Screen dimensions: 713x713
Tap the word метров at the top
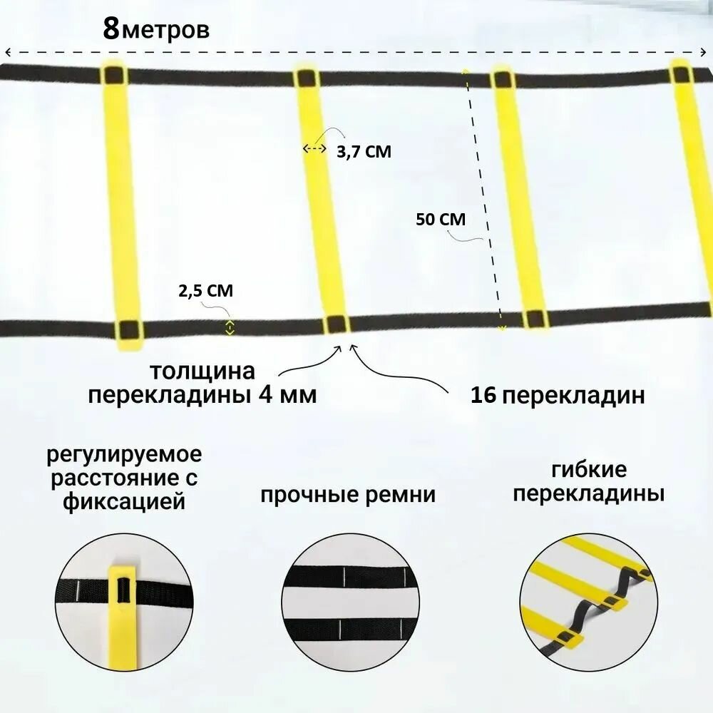coord(165,32)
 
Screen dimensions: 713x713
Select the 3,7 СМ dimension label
coord(364,151)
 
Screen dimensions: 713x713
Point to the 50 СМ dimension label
coord(440,220)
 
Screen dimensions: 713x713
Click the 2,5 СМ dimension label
coord(205,291)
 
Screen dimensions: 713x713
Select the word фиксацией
coord(124,501)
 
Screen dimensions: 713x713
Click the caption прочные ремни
coord(347,495)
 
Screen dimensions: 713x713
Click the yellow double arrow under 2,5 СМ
coord(230,327)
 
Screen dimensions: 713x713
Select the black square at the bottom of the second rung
coord(336,324)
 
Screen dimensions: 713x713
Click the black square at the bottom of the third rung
coord(533,319)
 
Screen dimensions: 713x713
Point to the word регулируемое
coord(125,454)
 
